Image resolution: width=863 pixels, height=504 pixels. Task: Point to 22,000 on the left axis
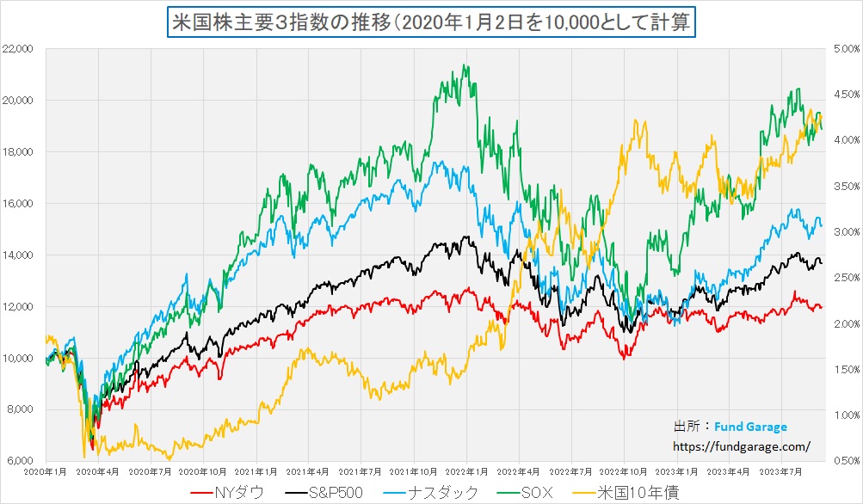[17, 49]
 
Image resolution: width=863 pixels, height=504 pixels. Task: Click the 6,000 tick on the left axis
[20, 461]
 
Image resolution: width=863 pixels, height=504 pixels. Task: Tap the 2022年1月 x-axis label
[468, 472]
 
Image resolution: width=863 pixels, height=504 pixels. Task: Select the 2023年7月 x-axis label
[784, 472]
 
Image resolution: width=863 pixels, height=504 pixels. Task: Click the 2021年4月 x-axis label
[310, 472]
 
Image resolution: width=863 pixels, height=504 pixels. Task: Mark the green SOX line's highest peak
[465, 65]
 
